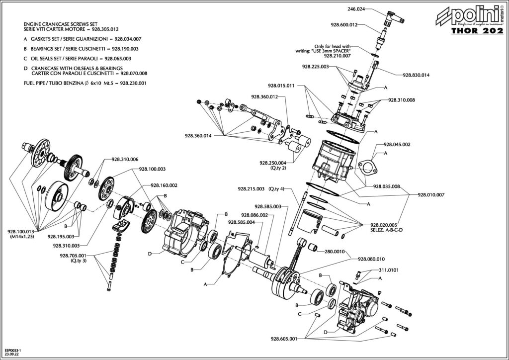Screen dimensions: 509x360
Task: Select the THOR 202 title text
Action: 477,30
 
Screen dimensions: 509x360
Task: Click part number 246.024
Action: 356,9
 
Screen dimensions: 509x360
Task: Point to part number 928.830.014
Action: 416,75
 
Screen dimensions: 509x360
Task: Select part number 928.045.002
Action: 397,145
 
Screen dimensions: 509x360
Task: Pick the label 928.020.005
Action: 384,225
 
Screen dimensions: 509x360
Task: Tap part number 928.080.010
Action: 371,259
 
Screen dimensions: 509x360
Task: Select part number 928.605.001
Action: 284,339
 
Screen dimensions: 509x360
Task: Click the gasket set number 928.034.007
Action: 128,39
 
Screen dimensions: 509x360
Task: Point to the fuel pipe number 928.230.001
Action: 133,83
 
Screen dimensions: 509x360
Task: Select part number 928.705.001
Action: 73,256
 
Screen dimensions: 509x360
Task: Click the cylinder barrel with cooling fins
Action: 336,163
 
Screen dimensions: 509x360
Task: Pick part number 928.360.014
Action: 198,136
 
